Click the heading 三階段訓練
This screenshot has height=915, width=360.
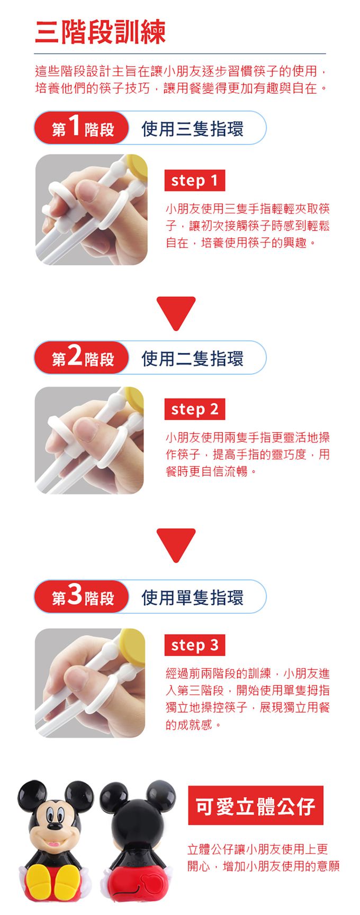[100, 32]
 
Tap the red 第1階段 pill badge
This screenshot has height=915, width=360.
[82, 128]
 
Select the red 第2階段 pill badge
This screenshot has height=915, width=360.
[82, 358]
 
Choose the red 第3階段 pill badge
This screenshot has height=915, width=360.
[82, 596]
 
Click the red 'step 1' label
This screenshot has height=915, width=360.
[194, 180]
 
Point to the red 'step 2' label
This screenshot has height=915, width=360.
[194, 409]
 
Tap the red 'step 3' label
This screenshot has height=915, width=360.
[194, 645]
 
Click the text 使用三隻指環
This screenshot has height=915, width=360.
[192, 129]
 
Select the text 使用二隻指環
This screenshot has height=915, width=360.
[192, 358]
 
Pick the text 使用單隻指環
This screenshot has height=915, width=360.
[192, 597]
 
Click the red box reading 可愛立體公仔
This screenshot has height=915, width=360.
[256, 805]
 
